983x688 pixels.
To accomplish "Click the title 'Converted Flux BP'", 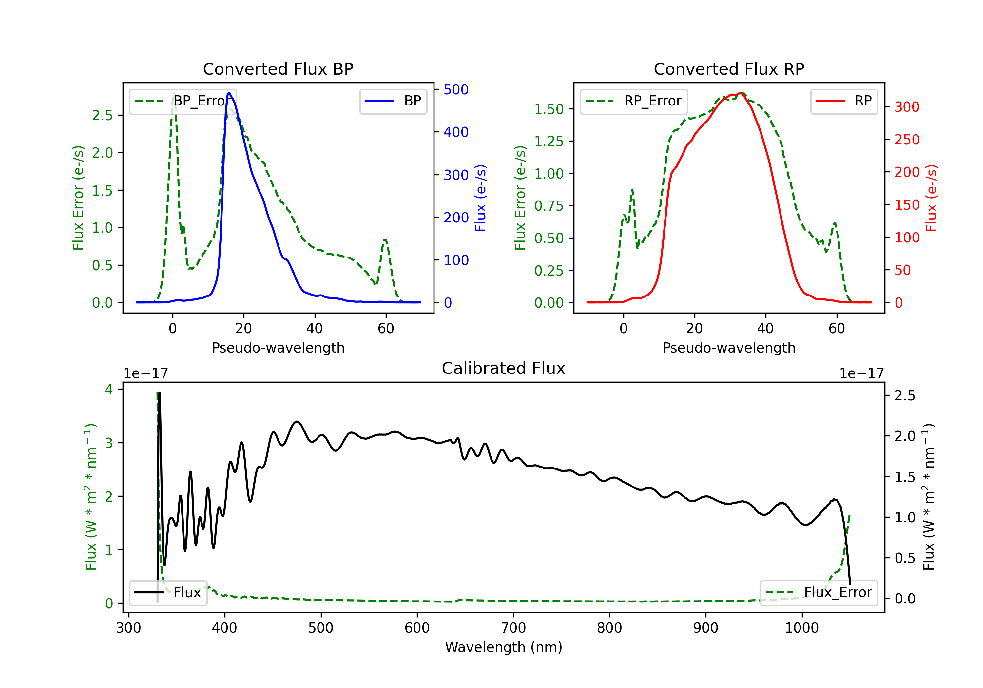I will (x=278, y=69).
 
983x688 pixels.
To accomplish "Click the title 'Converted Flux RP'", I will (x=729, y=69).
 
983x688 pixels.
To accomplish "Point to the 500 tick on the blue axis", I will (x=456, y=89).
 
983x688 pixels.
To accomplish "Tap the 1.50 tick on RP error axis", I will (x=549, y=109).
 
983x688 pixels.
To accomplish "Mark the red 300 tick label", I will (x=907, y=107).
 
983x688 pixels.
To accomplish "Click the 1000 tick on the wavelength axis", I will (x=801, y=628).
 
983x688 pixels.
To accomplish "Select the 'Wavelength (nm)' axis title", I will (x=504, y=647).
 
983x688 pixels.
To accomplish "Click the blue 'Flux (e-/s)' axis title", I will (x=481, y=198).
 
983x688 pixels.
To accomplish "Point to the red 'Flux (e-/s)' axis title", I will (x=931, y=198).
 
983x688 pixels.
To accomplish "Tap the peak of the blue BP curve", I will (x=229, y=93).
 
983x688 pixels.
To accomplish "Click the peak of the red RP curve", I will (x=740, y=93).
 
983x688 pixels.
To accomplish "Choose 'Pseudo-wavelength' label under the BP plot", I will (x=278, y=348).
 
